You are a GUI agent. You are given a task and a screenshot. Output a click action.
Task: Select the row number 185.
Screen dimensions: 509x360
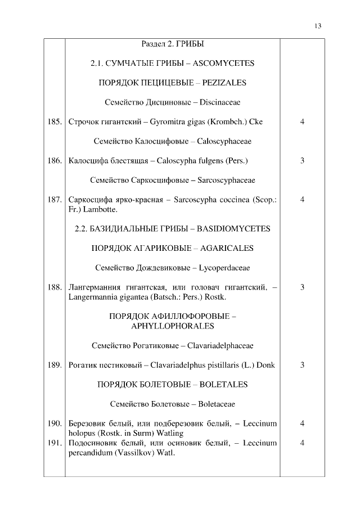(x=55, y=121)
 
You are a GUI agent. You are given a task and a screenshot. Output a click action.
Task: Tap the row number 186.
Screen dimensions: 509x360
(x=55, y=161)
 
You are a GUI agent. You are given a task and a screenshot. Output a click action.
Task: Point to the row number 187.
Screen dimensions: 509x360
(x=55, y=200)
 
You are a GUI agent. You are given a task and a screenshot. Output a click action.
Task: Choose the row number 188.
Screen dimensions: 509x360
(x=55, y=287)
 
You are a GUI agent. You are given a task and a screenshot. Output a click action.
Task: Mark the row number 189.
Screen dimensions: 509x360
(x=55, y=365)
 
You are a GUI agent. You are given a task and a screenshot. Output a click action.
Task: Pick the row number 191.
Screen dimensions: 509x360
(x=55, y=443)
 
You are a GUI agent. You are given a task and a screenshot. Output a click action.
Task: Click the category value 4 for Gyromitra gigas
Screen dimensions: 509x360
(x=303, y=121)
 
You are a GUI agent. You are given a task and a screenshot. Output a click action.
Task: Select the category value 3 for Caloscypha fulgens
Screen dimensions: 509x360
(x=303, y=161)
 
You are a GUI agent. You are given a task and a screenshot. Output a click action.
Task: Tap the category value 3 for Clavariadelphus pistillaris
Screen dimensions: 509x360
(x=303, y=365)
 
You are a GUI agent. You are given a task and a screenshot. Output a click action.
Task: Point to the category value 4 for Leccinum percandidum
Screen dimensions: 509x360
(x=303, y=443)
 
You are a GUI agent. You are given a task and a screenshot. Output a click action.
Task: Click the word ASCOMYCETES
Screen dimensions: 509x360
(x=224, y=64)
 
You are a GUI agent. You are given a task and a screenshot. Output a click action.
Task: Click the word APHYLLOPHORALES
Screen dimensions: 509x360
(x=172, y=326)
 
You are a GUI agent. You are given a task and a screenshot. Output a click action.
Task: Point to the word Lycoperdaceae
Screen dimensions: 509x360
(x=224, y=268)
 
